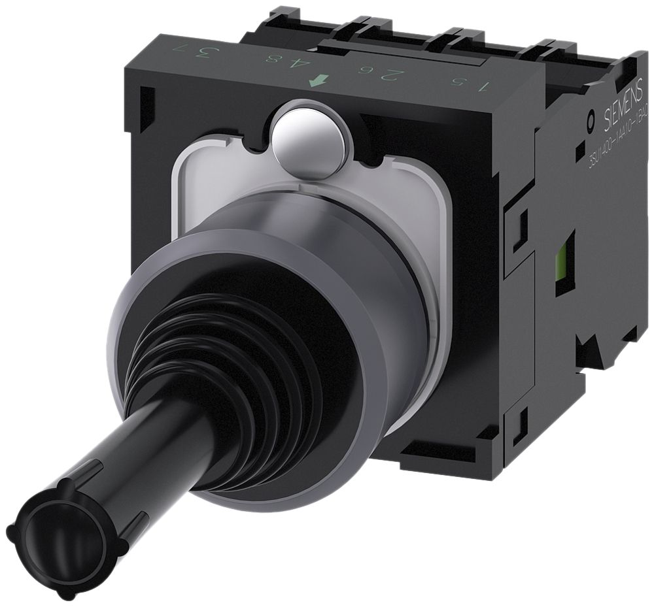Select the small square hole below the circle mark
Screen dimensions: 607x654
(x=580, y=152)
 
